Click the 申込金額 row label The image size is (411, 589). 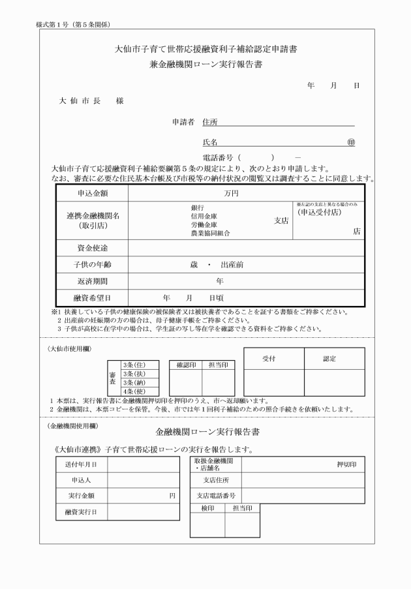click(91, 194)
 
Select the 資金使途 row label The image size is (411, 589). click(91, 249)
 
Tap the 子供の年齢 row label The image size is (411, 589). click(91, 265)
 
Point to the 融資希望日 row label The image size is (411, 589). click(91, 298)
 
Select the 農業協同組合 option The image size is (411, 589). click(210, 233)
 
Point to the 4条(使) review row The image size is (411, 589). click(133, 391)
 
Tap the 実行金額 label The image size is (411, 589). click(80, 496)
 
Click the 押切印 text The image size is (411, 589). click(346, 464)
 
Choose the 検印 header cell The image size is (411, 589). click(207, 507)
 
